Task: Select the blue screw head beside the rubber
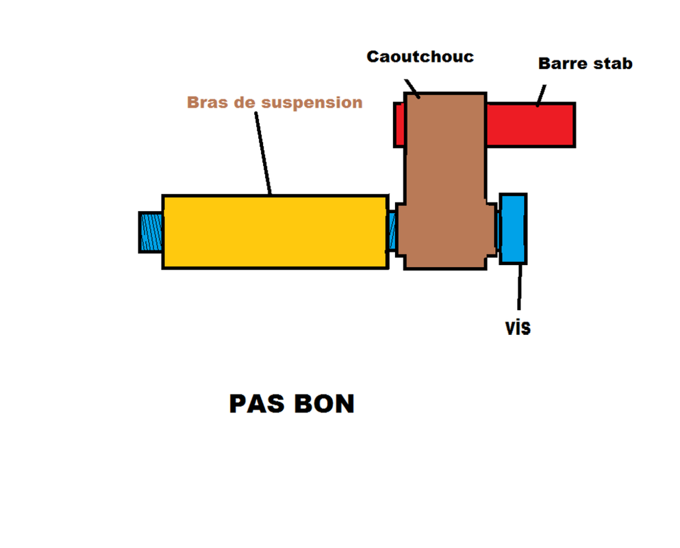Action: coord(513,229)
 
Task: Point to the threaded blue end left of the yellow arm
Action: coord(151,232)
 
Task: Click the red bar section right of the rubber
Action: coord(531,125)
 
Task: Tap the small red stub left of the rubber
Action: coord(400,124)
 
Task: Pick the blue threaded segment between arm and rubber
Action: coord(392,232)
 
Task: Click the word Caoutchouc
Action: coord(420,56)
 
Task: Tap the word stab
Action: coord(612,64)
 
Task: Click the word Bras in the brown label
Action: coord(207,103)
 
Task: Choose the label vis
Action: coord(518,327)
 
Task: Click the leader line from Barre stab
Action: coord(541,96)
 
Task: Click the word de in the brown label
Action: coord(245,103)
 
